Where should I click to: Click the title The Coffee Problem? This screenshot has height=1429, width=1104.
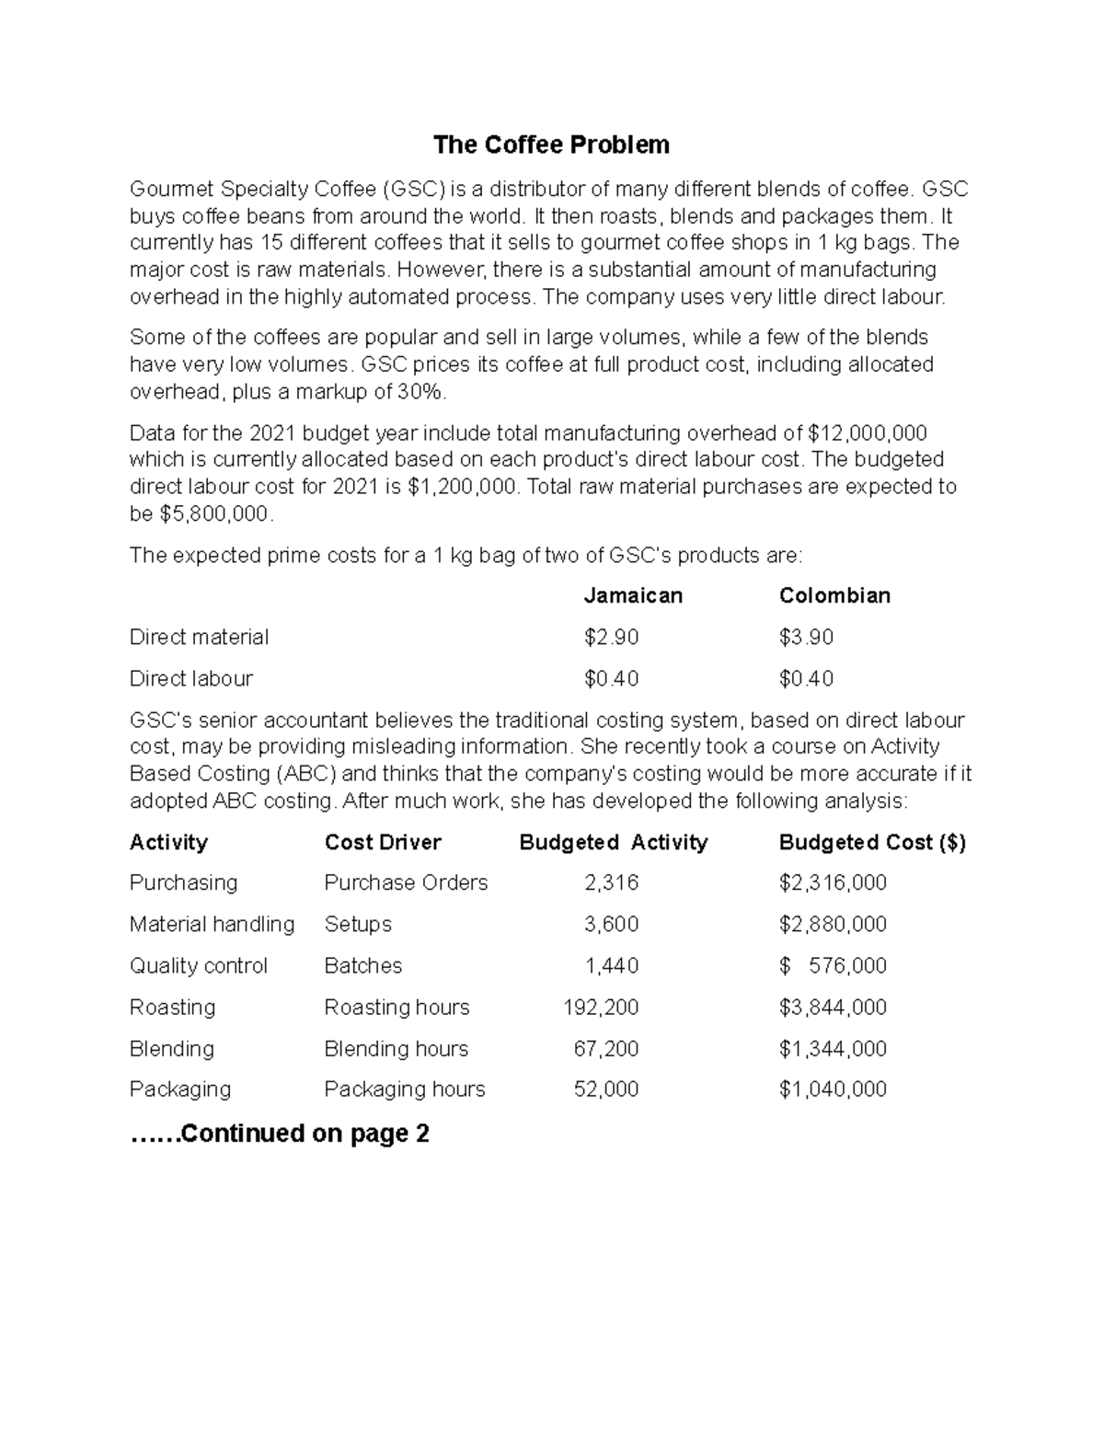click(x=551, y=144)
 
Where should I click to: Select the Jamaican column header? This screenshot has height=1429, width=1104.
click(x=633, y=595)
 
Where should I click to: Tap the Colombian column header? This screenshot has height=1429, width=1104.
click(x=834, y=595)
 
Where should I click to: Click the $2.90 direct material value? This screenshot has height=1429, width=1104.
click(x=611, y=637)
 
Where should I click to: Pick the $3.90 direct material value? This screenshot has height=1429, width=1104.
click(x=806, y=637)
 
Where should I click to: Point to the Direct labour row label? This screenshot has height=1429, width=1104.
click(x=190, y=678)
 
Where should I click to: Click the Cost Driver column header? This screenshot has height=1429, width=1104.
click(x=383, y=842)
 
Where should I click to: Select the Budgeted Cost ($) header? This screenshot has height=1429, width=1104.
click(x=872, y=842)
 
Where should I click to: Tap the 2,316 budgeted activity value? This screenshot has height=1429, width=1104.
click(x=612, y=882)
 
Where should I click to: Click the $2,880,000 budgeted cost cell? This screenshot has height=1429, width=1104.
click(x=833, y=924)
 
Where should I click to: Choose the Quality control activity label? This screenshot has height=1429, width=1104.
click(x=198, y=965)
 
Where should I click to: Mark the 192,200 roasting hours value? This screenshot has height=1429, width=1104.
click(x=601, y=1007)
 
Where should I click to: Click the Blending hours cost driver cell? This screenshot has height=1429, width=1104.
click(x=396, y=1048)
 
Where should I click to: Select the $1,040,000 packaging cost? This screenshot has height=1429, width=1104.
click(x=833, y=1089)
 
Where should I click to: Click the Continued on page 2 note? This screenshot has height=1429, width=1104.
click(x=280, y=1133)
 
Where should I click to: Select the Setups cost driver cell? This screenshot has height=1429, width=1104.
click(x=358, y=924)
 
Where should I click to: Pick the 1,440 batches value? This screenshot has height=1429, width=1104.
click(x=612, y=965)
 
